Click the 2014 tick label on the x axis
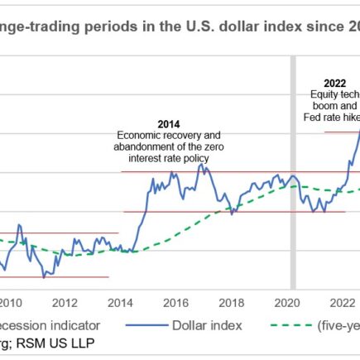(121, 302)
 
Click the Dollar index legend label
(207, 324)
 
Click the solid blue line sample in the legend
(146, 324)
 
